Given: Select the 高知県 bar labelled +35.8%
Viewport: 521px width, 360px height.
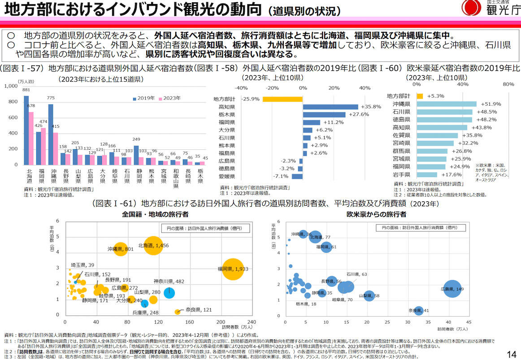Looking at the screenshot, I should point(330,107).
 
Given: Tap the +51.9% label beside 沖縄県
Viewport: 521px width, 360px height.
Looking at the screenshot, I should point(491,104).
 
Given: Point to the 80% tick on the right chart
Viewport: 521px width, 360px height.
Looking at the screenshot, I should point(508,84).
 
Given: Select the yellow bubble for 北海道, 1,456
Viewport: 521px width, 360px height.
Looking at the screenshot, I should point(153,246).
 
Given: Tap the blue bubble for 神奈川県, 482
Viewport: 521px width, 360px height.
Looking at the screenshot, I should point(169,293).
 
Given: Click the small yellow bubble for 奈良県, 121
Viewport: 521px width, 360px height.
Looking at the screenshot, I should point(177,312).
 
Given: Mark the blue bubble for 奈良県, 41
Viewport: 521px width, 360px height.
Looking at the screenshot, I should point(418,311).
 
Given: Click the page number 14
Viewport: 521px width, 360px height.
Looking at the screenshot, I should point(512,354).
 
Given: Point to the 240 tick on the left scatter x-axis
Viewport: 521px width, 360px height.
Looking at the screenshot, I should point(251,322).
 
